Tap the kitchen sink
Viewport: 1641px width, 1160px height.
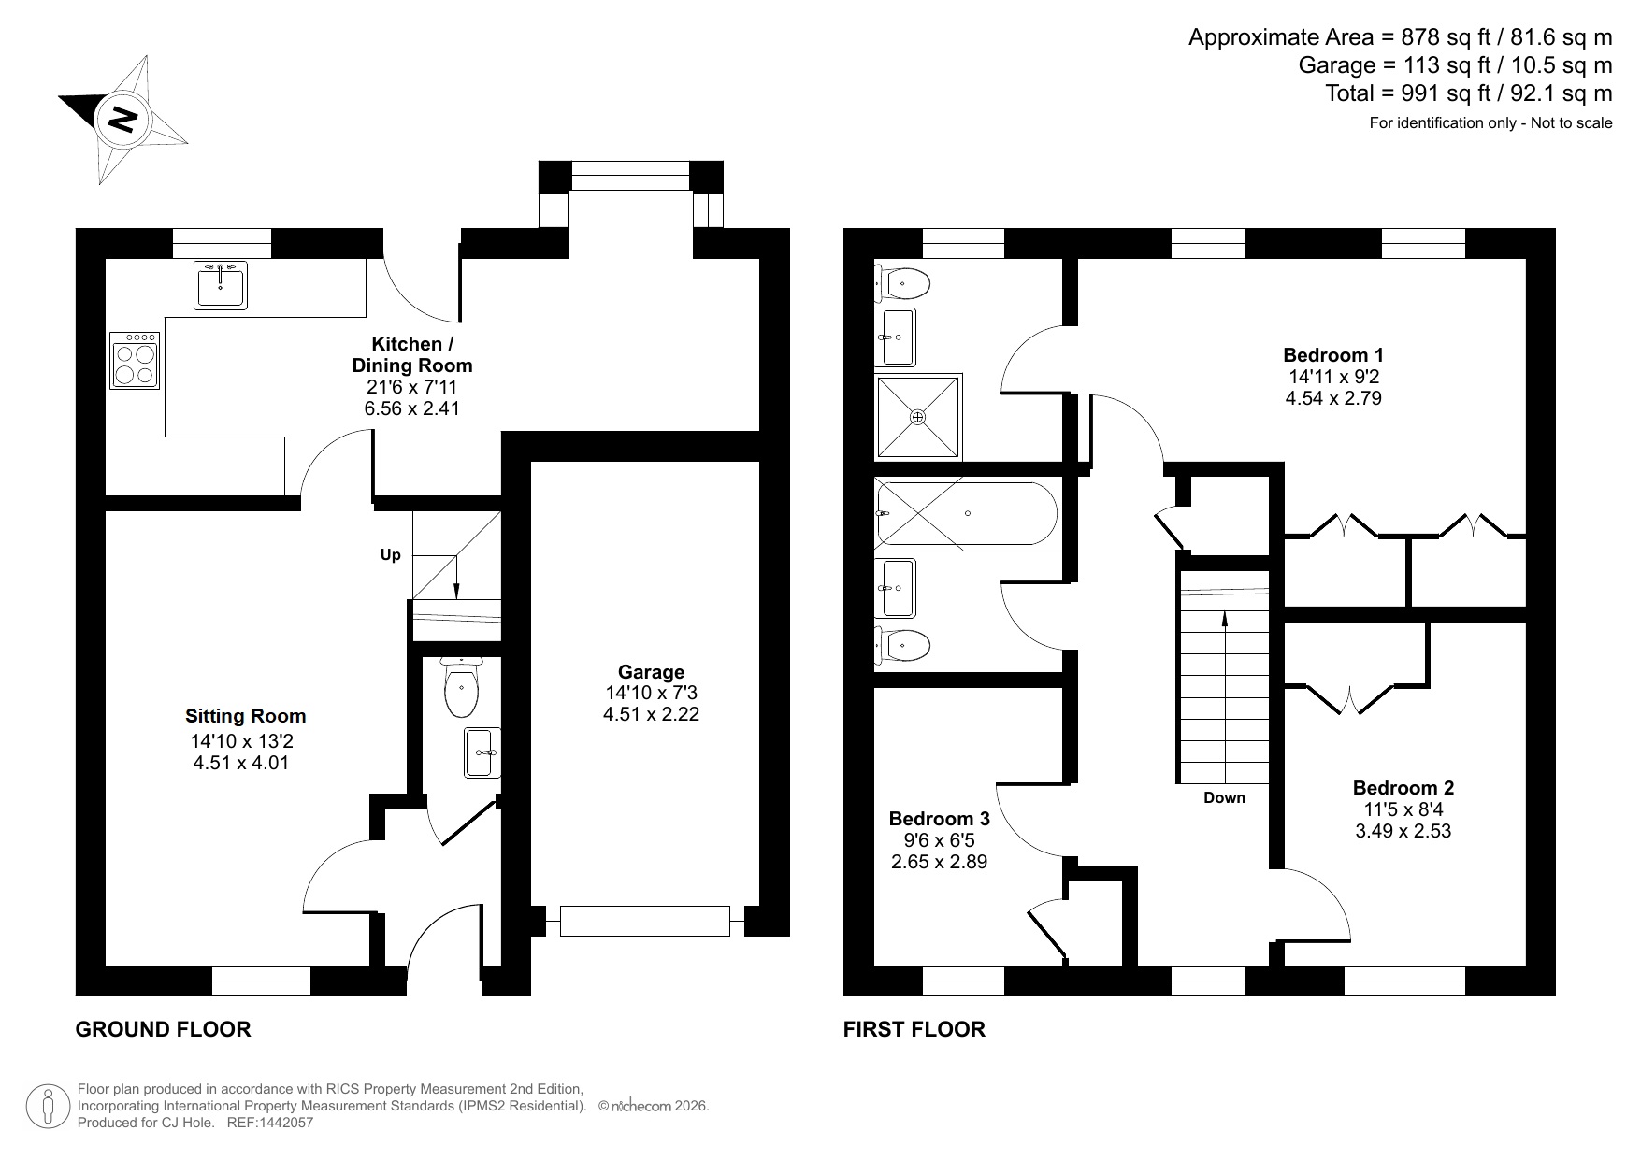(222, 284)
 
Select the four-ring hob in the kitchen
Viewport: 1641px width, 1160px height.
(134, 360)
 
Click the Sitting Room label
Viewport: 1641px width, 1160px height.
(245, 716)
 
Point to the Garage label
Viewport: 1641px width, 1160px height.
(651, 672)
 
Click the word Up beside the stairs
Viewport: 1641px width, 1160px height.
(390, 555)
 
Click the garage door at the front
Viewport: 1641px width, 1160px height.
(644, 921)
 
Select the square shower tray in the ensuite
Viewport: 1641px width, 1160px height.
(917, 417)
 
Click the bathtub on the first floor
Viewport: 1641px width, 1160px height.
(966, 513)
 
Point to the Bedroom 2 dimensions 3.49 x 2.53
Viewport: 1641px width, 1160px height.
(1403, 831)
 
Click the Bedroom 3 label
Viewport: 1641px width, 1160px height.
(939, 819)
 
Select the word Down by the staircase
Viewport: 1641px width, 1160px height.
(1224, 797)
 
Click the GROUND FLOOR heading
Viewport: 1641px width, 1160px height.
(163, 1029)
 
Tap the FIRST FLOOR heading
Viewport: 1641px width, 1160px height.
(914, 1029)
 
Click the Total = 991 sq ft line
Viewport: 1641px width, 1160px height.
(1468, 93)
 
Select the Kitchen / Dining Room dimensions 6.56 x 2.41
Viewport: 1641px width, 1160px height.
(411, 408)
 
